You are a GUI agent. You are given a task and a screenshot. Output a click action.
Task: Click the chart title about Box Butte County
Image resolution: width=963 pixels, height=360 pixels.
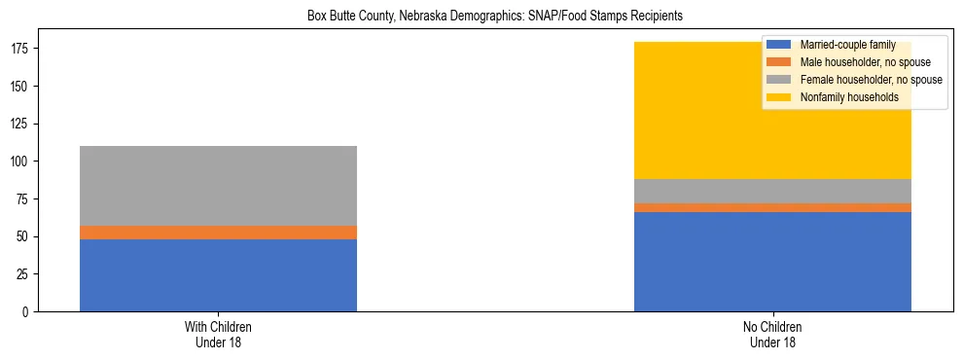coord(481,16)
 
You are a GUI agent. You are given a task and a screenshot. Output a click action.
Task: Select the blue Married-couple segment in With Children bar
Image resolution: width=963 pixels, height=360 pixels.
coord(218,275)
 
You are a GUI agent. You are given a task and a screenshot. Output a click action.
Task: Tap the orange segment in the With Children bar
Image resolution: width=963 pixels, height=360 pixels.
coord(218,233)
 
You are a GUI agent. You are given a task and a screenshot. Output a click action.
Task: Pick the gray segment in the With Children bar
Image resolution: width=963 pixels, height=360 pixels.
coord(218,186)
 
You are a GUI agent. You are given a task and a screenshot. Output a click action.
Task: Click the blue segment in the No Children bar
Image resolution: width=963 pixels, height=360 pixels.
coord(772,262)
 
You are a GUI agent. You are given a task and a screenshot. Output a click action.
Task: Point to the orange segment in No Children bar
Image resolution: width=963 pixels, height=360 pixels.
coord(772,207)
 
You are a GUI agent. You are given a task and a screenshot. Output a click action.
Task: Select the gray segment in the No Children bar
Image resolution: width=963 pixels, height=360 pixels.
coord(772,191)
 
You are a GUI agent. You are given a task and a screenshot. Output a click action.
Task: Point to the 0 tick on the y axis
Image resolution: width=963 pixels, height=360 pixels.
coord(29,311)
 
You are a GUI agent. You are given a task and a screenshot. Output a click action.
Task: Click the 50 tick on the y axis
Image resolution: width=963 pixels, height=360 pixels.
coord(25,236)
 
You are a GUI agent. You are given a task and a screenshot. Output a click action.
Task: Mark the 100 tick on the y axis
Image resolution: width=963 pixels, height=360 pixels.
coord(22,162)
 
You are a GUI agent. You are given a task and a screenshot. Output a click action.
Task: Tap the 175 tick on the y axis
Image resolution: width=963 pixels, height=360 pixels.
coord(22,49)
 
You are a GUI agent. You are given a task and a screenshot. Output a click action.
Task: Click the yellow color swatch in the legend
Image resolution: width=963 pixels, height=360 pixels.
coord(779,97)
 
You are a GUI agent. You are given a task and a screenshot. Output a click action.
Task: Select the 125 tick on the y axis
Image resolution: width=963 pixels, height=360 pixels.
coord(22,124)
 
